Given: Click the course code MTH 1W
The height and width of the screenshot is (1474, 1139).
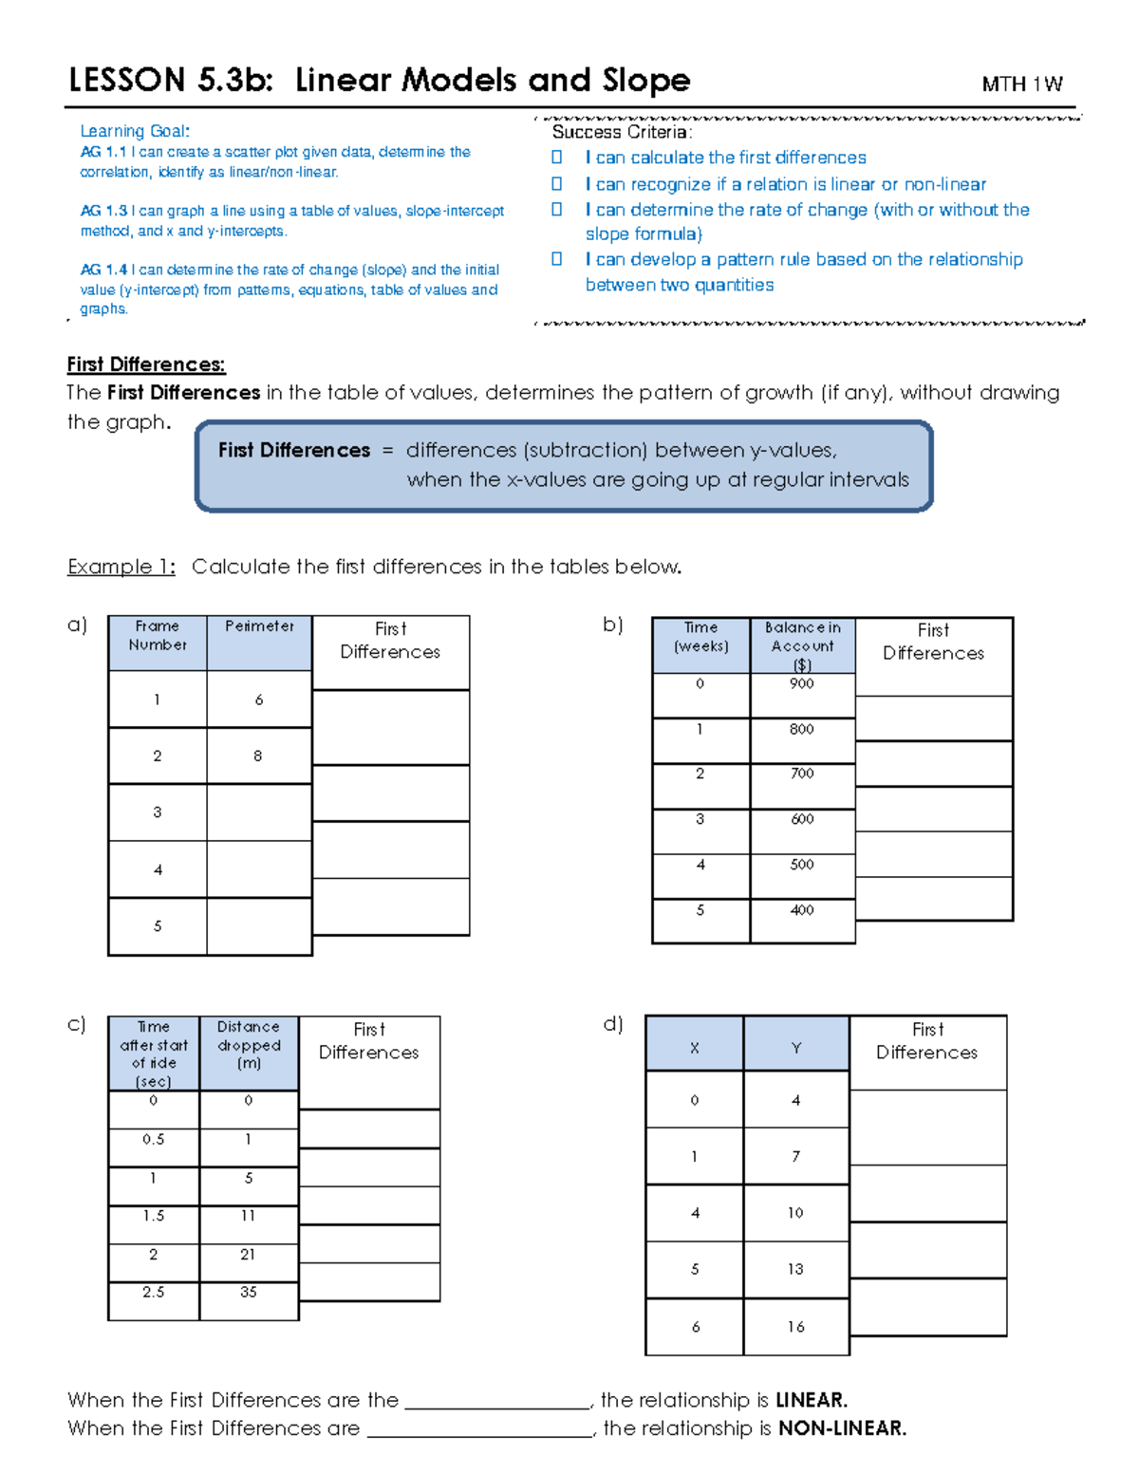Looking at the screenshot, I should [x=1021, y=84].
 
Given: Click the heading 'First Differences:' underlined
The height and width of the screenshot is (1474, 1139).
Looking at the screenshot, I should [x=146, y=364].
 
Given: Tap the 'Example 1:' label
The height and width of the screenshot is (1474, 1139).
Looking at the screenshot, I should [x=121, y=567].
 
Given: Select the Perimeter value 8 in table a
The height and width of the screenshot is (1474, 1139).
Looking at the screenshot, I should [x=258, y=756].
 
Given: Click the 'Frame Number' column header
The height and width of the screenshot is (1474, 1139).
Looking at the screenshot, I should [x=158, y=636].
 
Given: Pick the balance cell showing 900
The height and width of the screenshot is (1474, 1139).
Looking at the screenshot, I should [x=802, y=684].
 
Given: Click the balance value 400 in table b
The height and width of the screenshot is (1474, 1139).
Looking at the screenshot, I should [x=802, y=910].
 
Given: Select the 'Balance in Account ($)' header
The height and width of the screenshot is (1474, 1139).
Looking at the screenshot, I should [x=802, y=645].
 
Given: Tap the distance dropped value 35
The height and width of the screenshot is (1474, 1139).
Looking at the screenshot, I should [x=249, y=1292].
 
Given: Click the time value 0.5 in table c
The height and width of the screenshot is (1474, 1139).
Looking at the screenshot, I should [x=154, y=1140].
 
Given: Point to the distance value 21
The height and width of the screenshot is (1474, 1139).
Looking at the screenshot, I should [x=248, y=1255].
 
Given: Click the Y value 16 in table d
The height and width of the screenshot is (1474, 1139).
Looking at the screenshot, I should [x=795, y=1327].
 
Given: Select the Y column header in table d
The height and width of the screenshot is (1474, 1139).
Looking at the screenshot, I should [x=795, y=1048].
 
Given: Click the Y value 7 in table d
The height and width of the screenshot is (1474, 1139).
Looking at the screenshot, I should [x=795, y=1157].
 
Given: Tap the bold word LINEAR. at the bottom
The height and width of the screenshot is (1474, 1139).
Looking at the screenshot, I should [x=812, y=1400].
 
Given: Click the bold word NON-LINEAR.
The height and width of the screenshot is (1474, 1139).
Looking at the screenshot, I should [x=842, y=1428].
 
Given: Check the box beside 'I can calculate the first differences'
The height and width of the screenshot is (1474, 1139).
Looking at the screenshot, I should [x=557, y=158].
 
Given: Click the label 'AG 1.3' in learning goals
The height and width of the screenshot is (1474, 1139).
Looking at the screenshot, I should [x=103, y=211].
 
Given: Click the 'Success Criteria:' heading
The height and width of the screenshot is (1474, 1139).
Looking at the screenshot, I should [x=623, y=132].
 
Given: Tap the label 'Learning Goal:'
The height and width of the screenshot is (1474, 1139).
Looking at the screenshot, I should [x=135, y=131].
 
